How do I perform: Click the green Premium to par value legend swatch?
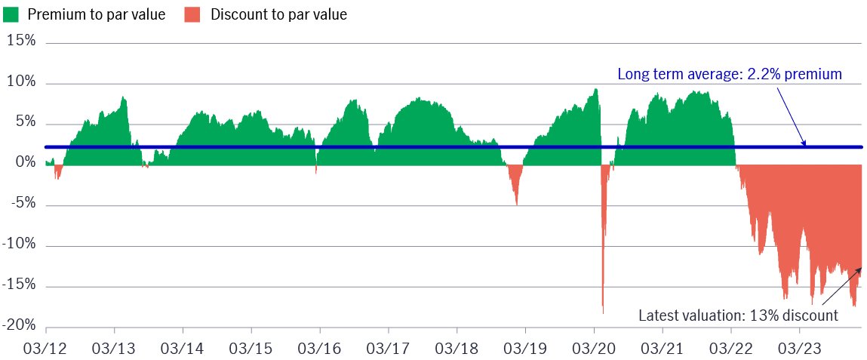pyautogui.click(x=11, y=15)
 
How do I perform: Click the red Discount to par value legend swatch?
pyautogui.click(x=192, y=15)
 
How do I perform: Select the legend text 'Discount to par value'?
pyautogui.click(x=279, y=15)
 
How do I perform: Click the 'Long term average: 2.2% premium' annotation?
pyautogui.click(x=730, y=75)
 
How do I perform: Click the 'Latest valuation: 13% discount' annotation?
pyautogui.click(x=739, y=315)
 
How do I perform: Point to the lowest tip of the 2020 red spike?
pyautogui.click(x=603, y=312)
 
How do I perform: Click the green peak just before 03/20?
pyautogui.click(x=595, y=90)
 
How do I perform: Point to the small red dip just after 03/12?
pyautogui.click(x=57, y=177)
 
